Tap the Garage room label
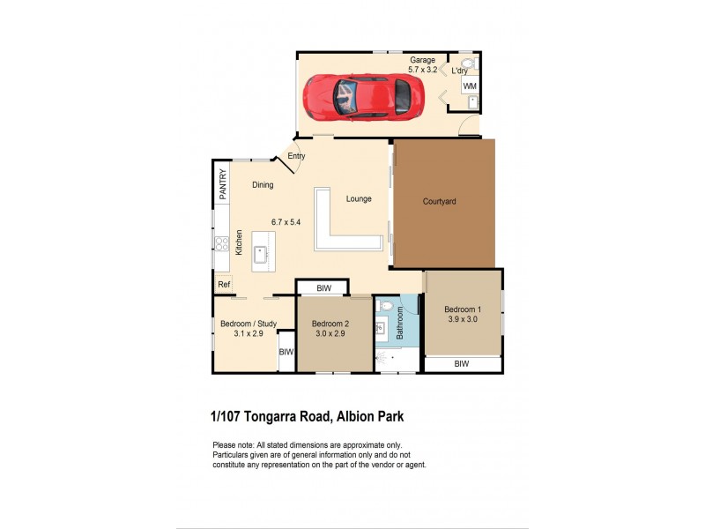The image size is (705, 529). [x=421, y=60]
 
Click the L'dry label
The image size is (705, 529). [x=459, y=70]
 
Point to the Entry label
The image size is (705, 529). [x=296, y=156]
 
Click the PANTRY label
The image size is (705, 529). [x=223, y=183]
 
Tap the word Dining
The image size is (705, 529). [x=263, y=185]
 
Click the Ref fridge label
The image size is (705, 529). [x=224, y=285]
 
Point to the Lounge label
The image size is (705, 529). [x=359, y=199]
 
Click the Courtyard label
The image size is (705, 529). [x=439, y=202]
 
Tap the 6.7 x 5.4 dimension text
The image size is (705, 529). [x=286, y=222]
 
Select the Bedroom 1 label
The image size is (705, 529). [x=463, y=309]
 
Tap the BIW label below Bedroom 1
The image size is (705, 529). [x=462, y=363]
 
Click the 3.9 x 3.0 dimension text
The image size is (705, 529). [x=463, y=320]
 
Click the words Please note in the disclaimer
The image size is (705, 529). [x=233, y=445]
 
